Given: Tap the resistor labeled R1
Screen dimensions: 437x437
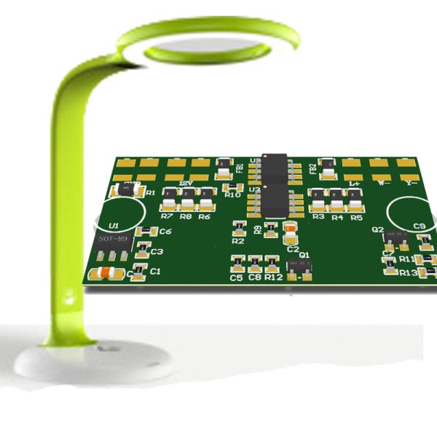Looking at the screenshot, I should [x=128, y=190].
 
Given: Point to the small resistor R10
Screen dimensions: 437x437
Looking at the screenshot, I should [x=232, y=186].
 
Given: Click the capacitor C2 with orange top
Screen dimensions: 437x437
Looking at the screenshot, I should [x=291, y=233].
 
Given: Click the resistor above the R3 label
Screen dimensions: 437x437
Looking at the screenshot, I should [x=318, y=199].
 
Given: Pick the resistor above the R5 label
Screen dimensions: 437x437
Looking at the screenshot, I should [x=355, y=199].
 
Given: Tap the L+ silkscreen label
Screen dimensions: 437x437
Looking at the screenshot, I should [x=353, y=184].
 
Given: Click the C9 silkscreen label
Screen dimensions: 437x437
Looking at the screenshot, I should [x=419, y=226].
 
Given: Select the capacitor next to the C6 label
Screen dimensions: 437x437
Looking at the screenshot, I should [x=146, y=232].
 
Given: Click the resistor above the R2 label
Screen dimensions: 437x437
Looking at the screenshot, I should [x=237, y=227].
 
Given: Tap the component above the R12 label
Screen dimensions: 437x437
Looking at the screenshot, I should [x=272, y=261].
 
